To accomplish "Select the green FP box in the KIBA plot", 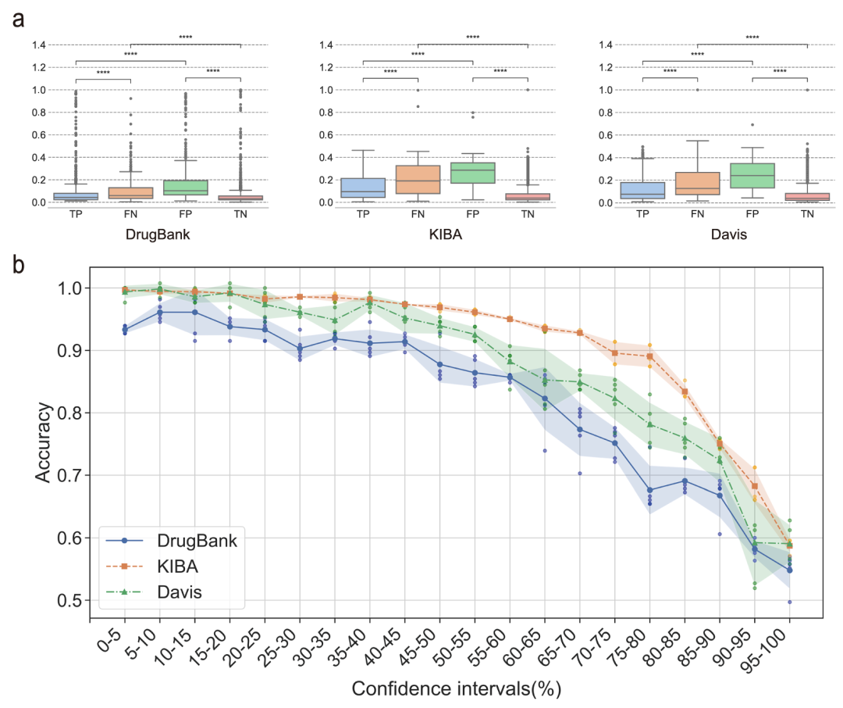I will coord(472,173).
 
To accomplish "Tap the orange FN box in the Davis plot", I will coord(697,183).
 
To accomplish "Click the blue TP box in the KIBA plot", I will coord(363,188).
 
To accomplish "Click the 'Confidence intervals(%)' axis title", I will coord(456,689).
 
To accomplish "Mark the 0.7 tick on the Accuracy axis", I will coord(70,475).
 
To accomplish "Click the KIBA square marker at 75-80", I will coord(649,356).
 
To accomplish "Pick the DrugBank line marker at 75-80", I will coord(649,490).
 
